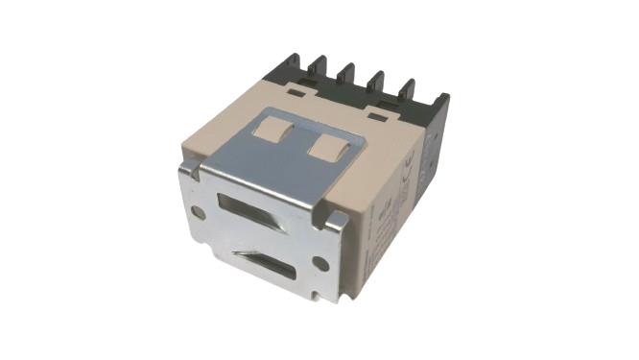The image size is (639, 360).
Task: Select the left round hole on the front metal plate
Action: coord(198,211)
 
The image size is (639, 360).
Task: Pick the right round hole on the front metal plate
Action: coord(320,262)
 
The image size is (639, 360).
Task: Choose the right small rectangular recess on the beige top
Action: coord(377,118)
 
